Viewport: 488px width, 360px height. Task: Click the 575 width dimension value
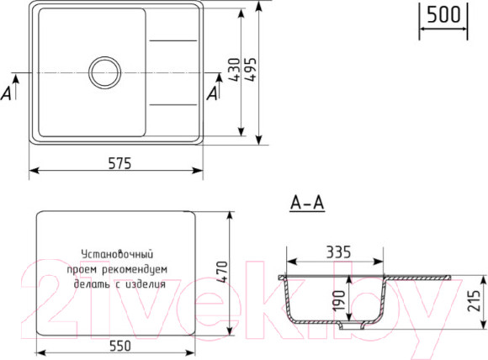(119, 164)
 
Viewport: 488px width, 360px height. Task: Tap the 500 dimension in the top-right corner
(443, 15)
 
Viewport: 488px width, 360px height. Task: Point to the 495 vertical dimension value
(252, 71)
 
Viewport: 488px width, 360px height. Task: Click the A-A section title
(307, 203)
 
